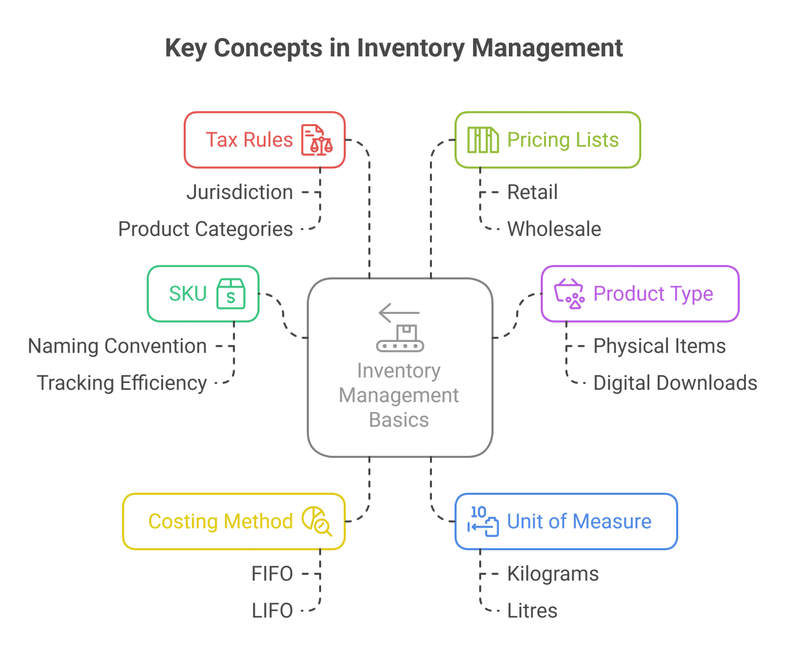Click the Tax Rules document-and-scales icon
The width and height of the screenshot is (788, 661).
pos(317,140)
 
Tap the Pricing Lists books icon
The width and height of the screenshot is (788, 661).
pos(483,140)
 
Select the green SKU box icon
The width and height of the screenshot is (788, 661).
pos(230,294)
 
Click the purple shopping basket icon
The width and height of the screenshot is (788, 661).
pos(569,294)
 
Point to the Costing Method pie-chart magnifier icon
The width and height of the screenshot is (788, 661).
pos(317,522)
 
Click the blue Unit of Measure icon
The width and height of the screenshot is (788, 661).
pos(483,522)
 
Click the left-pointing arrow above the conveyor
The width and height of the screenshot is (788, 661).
pos(399,312)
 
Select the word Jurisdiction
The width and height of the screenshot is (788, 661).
pos(240,192)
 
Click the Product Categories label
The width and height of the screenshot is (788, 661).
pos(205,229)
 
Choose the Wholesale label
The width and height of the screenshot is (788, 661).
pos(554,229)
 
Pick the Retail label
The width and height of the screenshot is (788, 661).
pos(532,192)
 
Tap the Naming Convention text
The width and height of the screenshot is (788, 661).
pos(117,346)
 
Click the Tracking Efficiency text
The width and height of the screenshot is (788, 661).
pos(122,383)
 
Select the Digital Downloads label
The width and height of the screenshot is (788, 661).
pos(675,383)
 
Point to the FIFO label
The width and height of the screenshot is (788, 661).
pos(272,574)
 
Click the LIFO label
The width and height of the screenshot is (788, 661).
pos(272,611)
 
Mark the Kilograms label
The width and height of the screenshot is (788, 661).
pos(553,574)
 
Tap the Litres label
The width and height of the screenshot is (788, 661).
pos(532,611)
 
